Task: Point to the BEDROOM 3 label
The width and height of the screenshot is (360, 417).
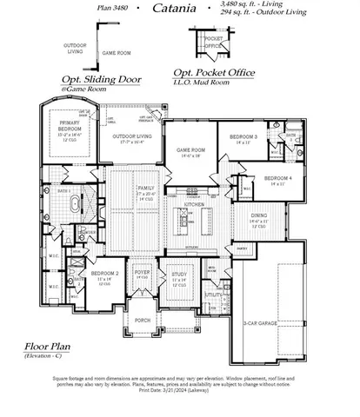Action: pyautogui.click(x=244, y=138)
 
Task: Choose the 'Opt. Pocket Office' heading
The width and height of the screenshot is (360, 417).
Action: pyautogui.click(x=214, y=73)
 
